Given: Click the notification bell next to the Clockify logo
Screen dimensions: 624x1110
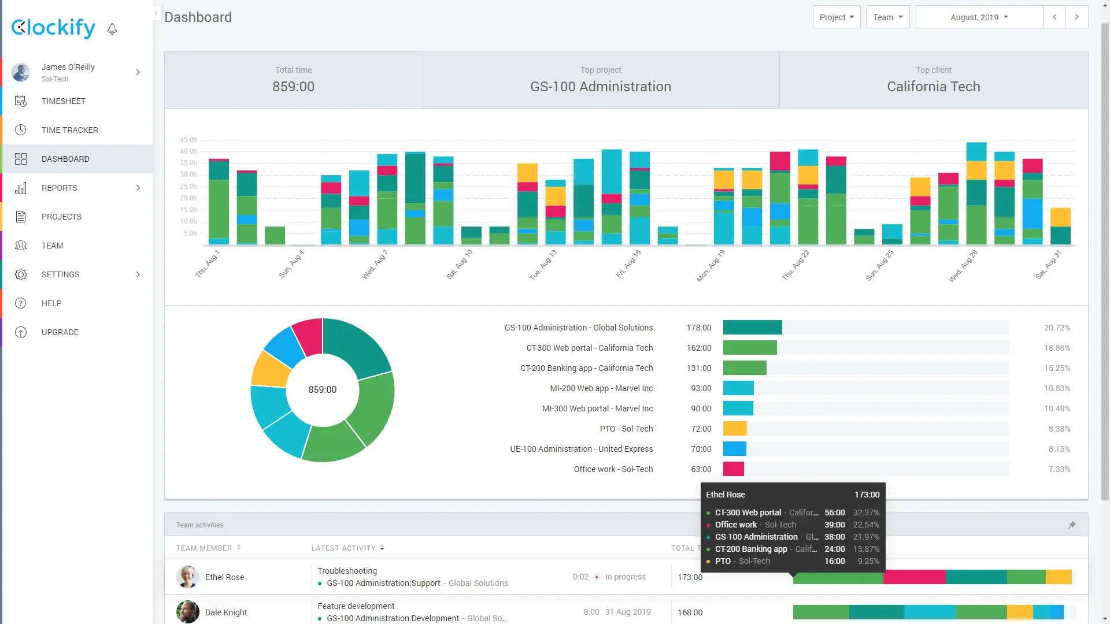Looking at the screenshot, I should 112,29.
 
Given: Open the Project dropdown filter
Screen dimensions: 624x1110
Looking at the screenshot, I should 836,17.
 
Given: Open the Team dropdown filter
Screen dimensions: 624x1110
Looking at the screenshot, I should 887,17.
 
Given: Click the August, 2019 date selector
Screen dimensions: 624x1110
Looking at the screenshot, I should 979,17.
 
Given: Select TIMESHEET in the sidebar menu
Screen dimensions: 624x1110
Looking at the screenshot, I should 64,101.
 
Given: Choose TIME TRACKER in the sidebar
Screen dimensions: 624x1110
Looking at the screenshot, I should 69,130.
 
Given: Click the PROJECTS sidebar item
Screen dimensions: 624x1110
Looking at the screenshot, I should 61,217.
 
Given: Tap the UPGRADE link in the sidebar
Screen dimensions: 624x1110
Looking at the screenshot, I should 60,332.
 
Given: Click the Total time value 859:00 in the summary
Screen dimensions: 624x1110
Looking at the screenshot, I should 293,87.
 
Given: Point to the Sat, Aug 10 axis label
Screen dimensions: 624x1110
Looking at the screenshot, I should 460,265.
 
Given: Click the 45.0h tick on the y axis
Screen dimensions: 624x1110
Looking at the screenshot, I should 188,140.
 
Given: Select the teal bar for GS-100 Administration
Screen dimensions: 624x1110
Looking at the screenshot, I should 752,328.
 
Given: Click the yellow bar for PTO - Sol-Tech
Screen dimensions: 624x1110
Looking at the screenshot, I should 735,429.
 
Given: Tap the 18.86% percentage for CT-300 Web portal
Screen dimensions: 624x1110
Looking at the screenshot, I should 1057,348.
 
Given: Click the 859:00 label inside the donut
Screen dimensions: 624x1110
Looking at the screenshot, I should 322,390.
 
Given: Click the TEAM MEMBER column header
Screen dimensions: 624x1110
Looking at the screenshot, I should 204,548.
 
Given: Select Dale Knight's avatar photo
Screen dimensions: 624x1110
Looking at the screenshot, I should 187,612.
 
